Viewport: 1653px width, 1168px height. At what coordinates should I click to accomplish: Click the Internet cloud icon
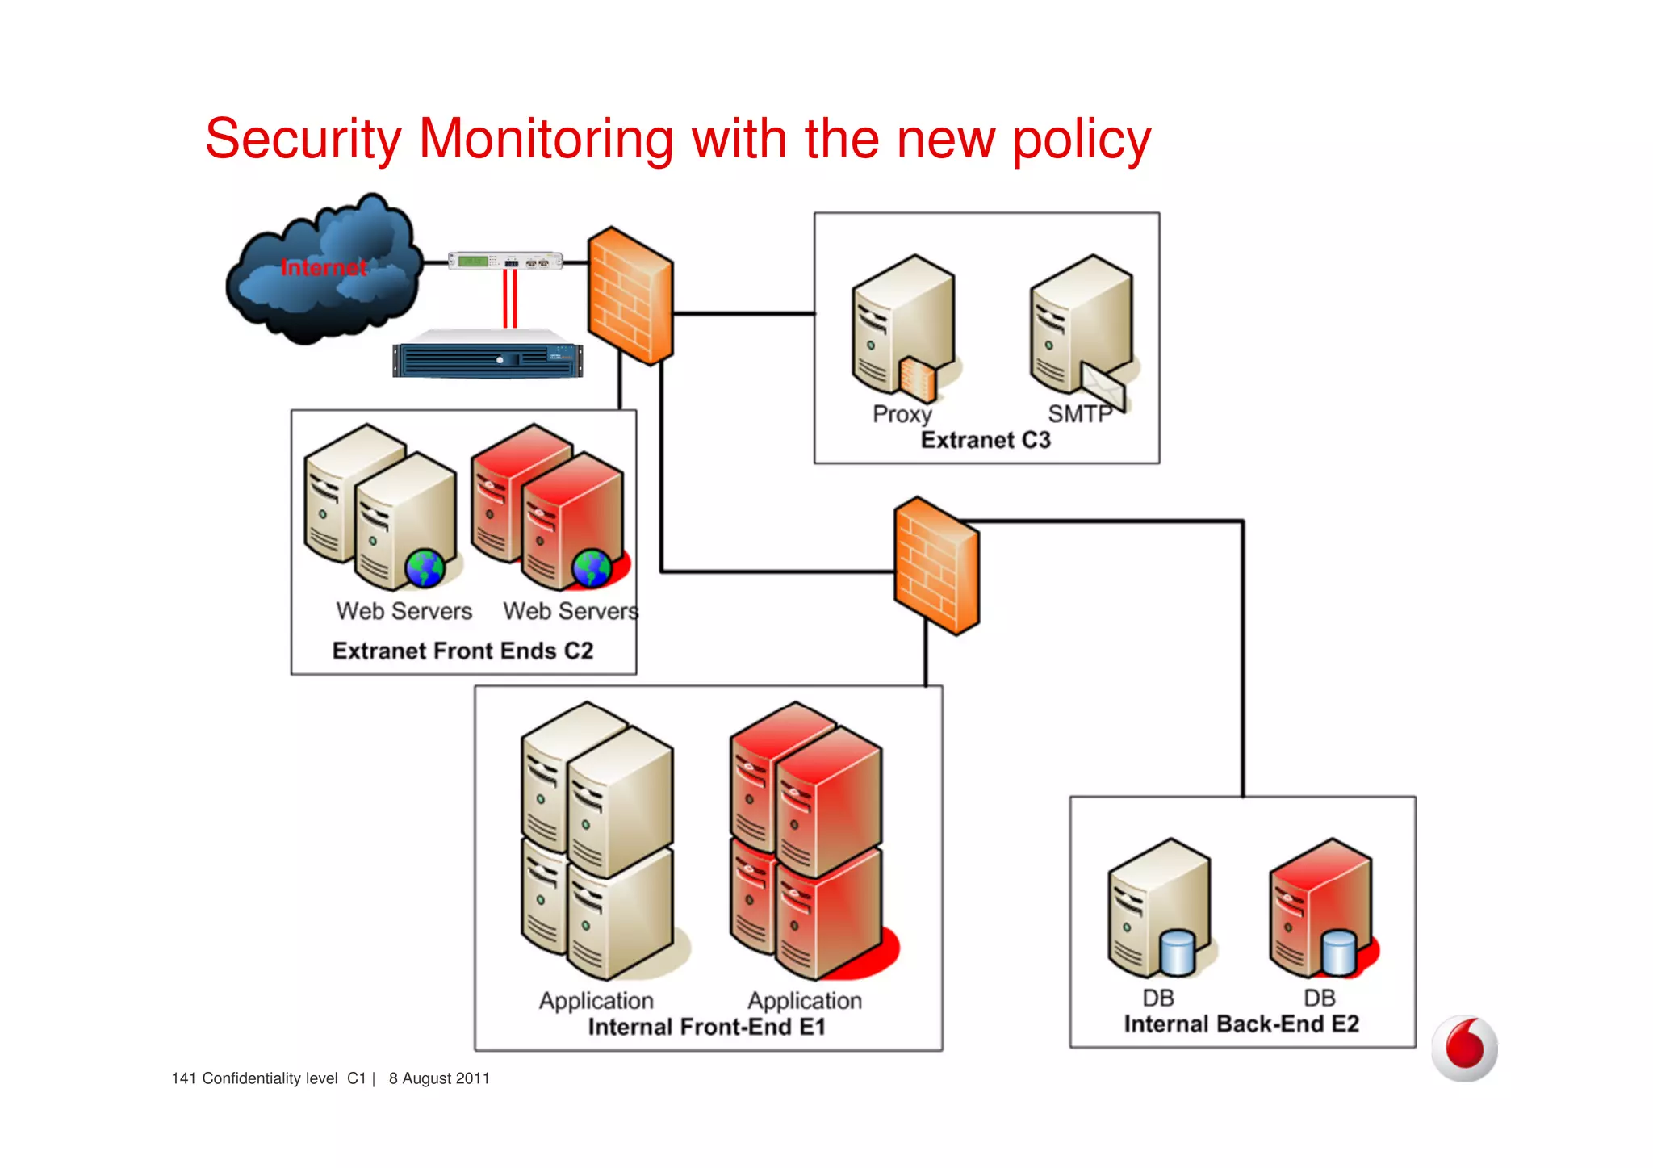(323, 270)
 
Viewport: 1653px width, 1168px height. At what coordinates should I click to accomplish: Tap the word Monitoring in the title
(546, 139)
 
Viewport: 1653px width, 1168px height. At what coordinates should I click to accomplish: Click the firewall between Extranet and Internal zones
(936, 565)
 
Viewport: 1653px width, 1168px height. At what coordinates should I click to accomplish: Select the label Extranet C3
(986, 440)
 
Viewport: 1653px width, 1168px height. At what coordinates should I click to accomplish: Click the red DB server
(1321, 908)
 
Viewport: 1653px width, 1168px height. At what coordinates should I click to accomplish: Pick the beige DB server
(1160, 908)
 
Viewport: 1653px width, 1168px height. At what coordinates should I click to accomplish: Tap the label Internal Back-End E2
(1241, 1024)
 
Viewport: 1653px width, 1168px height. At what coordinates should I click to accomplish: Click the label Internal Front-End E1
(706, 1027)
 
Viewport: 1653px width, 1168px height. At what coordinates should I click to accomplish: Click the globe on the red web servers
(592, 568)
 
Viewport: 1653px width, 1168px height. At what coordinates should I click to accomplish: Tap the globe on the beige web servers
(425, 568)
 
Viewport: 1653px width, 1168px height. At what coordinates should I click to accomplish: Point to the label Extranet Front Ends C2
(462, 651)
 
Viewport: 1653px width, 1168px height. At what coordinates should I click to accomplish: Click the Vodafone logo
(1464, 1048)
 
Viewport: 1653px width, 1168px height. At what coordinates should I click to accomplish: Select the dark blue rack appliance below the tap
(488, 358)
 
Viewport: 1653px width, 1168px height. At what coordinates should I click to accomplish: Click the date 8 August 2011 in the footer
(439, 1078)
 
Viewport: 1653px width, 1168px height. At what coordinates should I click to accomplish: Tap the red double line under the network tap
(510, 299)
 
